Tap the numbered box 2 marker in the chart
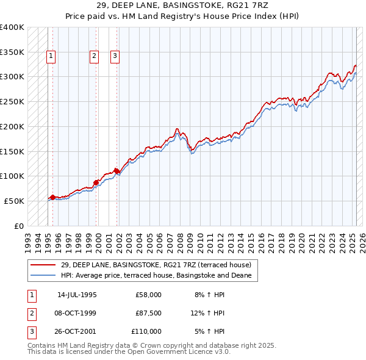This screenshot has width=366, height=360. point(95,57)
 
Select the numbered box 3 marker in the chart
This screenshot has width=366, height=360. point(115,57)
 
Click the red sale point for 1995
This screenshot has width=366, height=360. point(52,197)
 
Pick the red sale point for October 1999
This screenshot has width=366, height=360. point(96,182)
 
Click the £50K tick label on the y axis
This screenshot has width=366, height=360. point(14,201)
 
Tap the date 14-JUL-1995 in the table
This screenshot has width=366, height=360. point(77,295)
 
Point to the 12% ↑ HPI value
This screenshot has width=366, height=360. point(207,313)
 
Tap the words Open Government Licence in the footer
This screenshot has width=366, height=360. point(178,352)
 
